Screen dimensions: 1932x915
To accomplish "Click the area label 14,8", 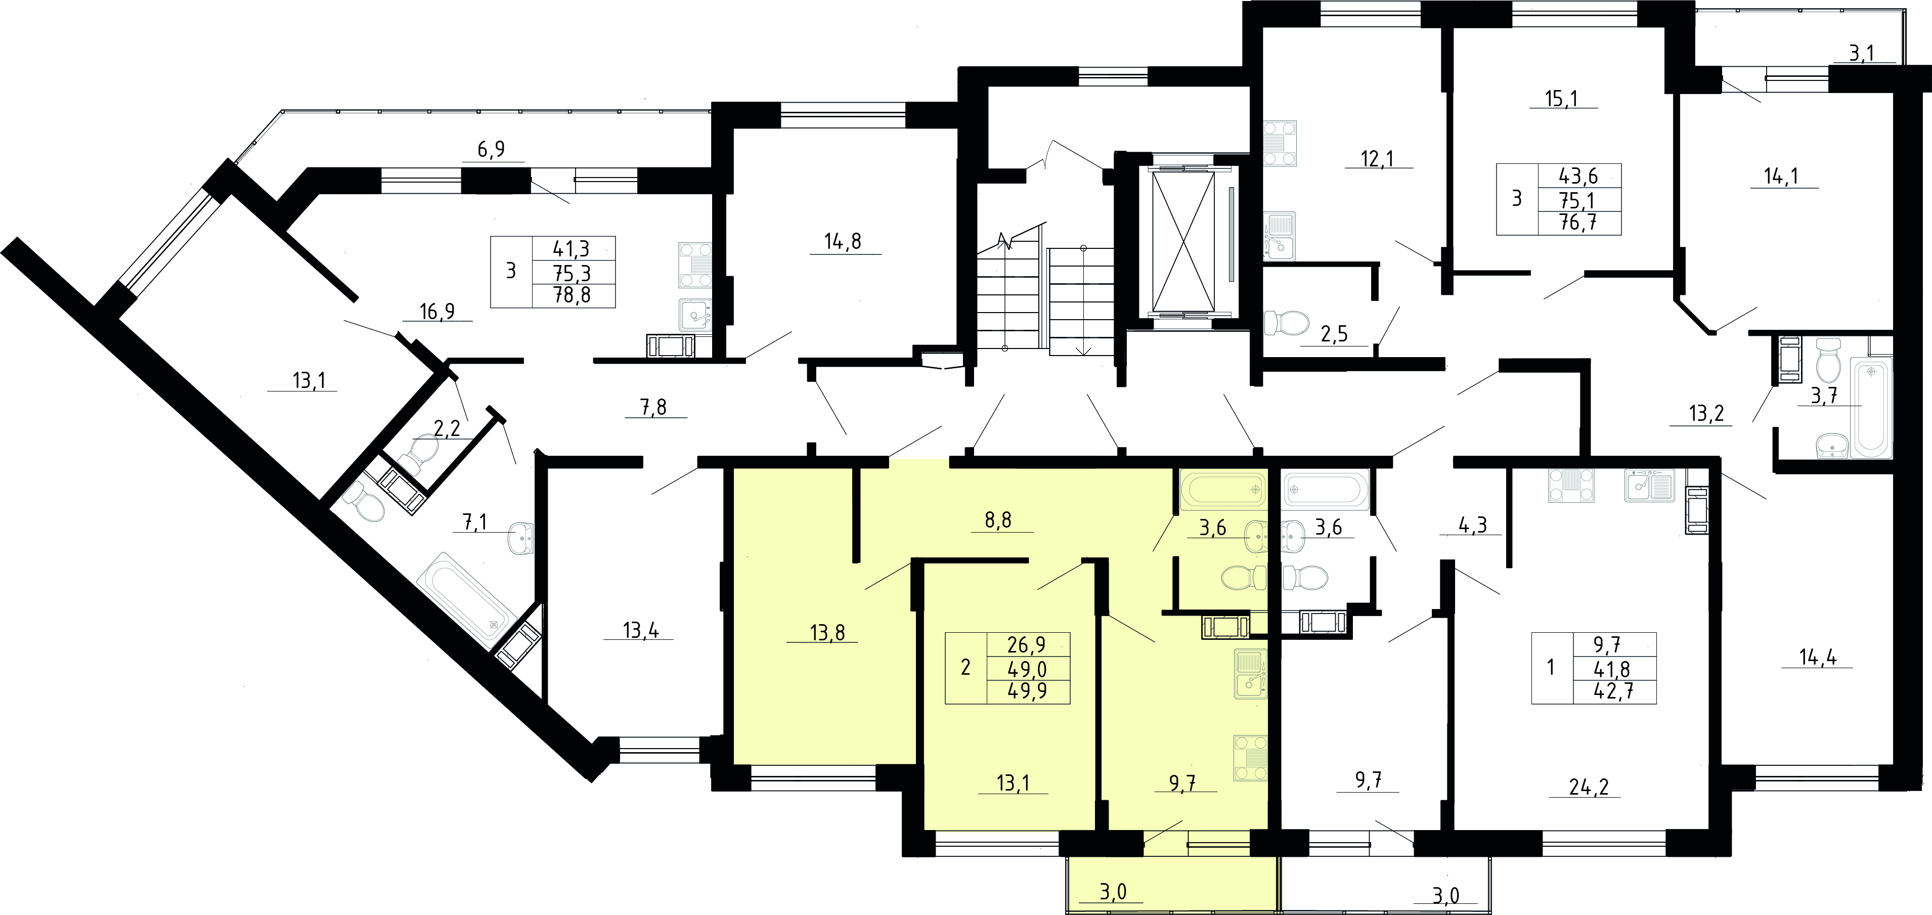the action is (x=843, y=241).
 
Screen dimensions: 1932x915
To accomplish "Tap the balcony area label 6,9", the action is (x=491, y=149).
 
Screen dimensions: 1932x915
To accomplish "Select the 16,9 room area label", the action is (x=437, y=311).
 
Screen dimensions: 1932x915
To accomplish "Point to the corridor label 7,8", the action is (x=653, y=407).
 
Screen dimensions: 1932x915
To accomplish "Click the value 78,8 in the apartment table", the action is (x=572, y=295).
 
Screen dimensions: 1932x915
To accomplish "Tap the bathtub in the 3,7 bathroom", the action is (x=1872, y=407).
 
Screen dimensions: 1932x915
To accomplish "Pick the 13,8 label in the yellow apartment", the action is (x=827, y=633).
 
